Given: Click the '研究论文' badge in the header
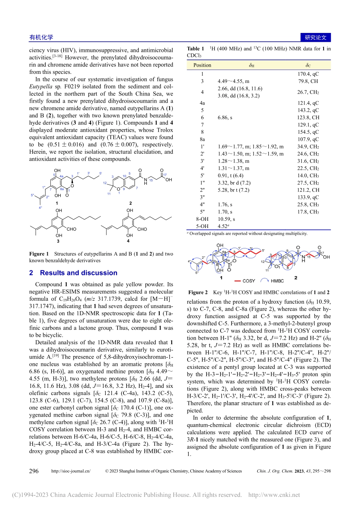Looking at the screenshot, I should pos(315,37).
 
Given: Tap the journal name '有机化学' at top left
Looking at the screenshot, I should pos(41,37).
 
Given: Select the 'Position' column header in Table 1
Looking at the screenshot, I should pos(202,65).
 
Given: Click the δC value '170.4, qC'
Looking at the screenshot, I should pos(308,74).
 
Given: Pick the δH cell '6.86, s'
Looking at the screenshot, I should pos(225,118).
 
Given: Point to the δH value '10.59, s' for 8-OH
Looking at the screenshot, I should pos(226,219).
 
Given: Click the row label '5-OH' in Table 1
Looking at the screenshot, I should pos(202,226).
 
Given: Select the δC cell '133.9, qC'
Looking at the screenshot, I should pos(308,197).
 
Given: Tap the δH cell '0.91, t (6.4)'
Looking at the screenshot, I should pos(230,176).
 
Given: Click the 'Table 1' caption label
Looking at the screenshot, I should pos(196,48).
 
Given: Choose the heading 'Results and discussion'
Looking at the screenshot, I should pos(78,273).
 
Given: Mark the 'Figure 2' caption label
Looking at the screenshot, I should pos(198,292).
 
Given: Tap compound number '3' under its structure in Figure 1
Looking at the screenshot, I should pos(58,241).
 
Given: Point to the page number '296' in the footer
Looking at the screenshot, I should pos(34,471).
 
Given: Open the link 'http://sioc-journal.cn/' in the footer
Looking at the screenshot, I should pos(71,471).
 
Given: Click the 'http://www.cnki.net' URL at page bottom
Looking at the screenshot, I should pos(274,495).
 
